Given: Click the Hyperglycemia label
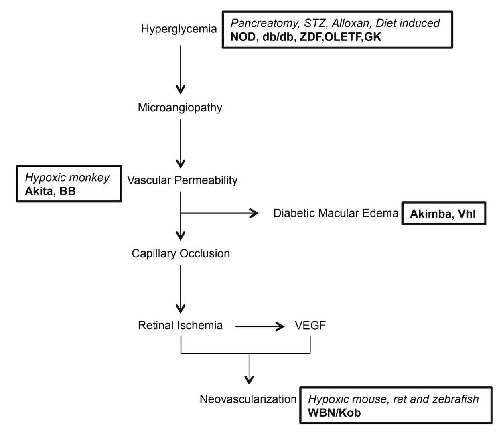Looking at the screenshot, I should coord(179,29).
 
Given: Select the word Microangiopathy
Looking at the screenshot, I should coord(180,107).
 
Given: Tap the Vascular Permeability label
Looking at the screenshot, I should coord(182,180).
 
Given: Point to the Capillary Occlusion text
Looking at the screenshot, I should coord(181,253).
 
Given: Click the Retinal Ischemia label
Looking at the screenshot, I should coord(180,325).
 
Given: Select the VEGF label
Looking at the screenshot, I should coord(310,325).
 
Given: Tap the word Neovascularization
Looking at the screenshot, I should coord(248,399).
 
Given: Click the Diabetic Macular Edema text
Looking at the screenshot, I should coord(335,213).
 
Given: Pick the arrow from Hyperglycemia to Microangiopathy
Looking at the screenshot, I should coord(181,68).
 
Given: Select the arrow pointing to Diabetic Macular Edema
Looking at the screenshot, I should coord(221,213).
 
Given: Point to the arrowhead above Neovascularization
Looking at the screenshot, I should coord(249,378).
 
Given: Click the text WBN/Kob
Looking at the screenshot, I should coord(334,413).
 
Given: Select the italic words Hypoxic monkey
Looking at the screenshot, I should coord(67,178).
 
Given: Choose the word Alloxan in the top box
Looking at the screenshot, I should coord(351,23).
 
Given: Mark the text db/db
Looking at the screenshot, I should coord(278,37).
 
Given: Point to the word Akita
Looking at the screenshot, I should coord(39,191).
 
